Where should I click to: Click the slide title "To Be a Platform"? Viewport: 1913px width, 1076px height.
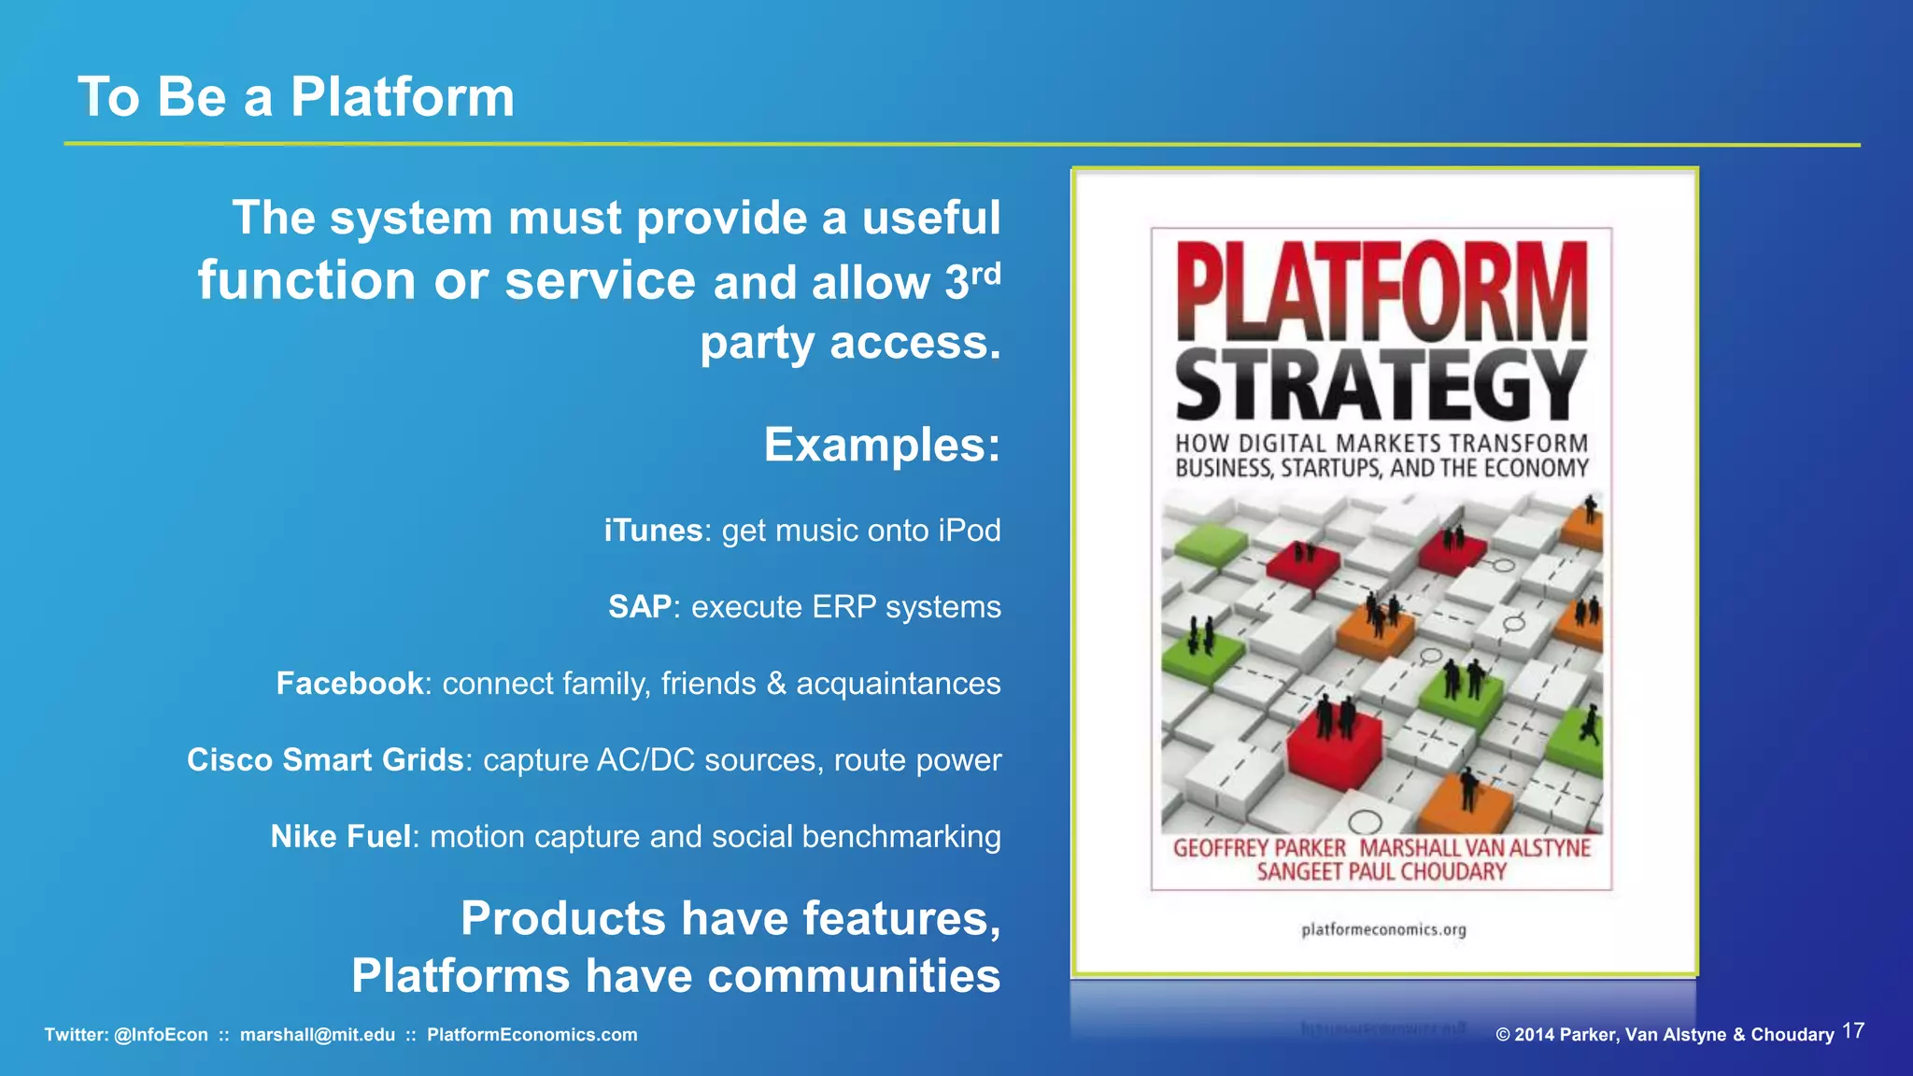pyautogui.click(x=295, y=97)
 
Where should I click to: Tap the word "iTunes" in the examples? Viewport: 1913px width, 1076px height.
pyautogui.click(x=652, y=531)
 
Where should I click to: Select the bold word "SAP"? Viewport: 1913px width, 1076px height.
pyautogui.click(x=639, y=607)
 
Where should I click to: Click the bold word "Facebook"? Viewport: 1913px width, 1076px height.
pyautogui.click(x=349, y=684)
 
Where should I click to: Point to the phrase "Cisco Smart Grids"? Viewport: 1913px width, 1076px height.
pyautogui.click(x=325, y=760)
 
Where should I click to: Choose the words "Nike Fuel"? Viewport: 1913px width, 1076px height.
pyautogui.click(x=340, y=837)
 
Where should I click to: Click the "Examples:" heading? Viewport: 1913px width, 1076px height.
pyautogui.click(x=882, y=445)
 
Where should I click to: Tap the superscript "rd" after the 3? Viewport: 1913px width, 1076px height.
pyautogui.click(x=985, y=274)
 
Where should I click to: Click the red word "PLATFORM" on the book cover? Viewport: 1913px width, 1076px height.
pyautogui.click(x=1381, y=291)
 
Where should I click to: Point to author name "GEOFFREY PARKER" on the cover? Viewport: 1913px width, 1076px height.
pyautogui.click(x=1259, y=848)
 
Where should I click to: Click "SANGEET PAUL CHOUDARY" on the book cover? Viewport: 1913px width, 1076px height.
pyautogui.click(x=1382, y=872)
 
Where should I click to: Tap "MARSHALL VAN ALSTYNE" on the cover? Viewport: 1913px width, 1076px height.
pyautogui.click(x=1474, y=848)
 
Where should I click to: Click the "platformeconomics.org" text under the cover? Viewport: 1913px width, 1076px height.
pyautogui.click(x=1383, y=929)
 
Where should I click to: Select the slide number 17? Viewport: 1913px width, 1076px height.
pyautogui.click(x=1853, y=1031)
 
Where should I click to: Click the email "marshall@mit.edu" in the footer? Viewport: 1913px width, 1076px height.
pyautogui.click(x=318, y=1035)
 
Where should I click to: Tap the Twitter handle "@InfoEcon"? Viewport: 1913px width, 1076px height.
pyautogui.click(x=161, y=1035)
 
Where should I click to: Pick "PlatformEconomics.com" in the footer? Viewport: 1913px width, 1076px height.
pyautogui.click(x=532, y=1035)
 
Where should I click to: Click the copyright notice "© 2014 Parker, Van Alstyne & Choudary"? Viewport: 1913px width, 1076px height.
pyautogui.click(x=1665, y=1035)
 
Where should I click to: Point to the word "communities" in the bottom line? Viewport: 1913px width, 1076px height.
pyautogui.click(x=854, y=977)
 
